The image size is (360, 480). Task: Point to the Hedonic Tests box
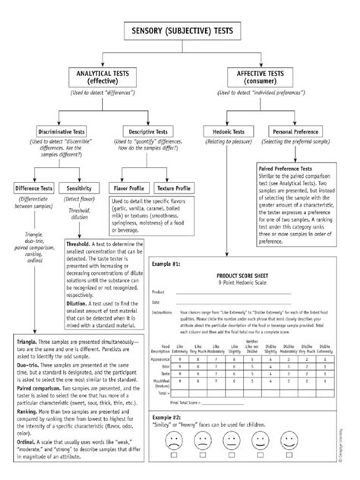[223, 132]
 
